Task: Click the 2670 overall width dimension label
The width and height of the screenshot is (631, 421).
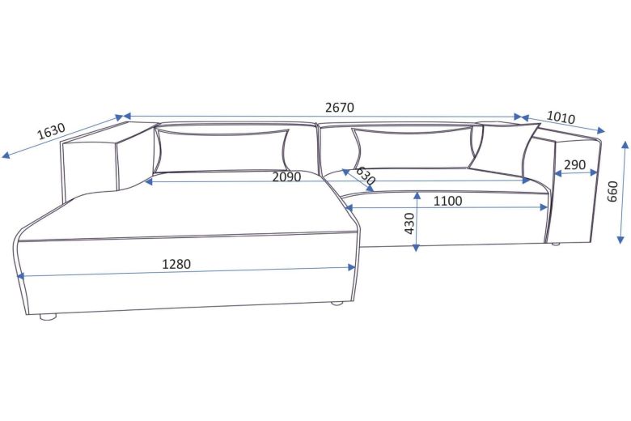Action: tap(340, 107)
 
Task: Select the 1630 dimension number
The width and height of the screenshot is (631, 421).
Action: tap(51, 130)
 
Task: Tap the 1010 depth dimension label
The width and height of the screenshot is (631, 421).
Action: tap(561, 117)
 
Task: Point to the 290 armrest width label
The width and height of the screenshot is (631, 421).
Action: tap(574, 164)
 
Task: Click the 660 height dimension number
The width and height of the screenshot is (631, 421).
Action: tap(612, 192)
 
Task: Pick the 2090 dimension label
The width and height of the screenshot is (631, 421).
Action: tap(286, 176)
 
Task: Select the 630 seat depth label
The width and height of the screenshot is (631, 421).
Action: tap(366, 176)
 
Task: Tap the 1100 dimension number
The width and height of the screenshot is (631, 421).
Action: tap(447, 200)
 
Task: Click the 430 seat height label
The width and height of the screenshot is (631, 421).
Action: tap(409, 223)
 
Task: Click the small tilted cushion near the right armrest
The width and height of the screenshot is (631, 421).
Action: tap(503, 146)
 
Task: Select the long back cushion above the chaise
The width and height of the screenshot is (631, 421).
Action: tap(222, 150)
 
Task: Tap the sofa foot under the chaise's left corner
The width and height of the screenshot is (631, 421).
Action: tap(48, 317)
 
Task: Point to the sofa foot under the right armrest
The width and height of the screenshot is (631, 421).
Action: tap(555, 243)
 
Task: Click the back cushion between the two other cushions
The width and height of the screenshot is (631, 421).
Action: tap(412, 147)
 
